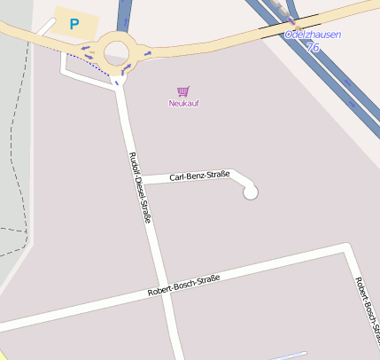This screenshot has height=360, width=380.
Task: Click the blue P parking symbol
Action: pos(74,24)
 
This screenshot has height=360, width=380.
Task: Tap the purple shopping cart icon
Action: pos(182,90)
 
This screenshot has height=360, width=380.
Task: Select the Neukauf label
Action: pos(182,104)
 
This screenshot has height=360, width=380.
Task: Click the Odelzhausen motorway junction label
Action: pos(312,35)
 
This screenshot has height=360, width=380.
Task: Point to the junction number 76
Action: pos(313,47)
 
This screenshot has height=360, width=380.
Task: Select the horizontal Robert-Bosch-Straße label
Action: pos(183,286)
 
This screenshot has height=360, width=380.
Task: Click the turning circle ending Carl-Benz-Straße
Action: pos(251,192)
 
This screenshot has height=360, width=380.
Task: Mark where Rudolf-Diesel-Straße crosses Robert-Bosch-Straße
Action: pos(162,291)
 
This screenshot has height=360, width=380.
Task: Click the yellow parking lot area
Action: pos(71,25)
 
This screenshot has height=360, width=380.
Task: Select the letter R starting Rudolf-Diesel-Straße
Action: pos(133,156)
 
